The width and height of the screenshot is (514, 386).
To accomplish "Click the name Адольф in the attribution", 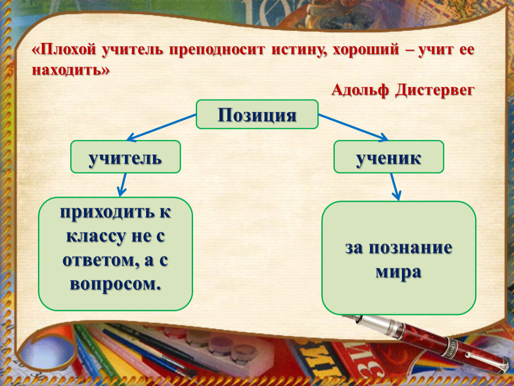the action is (360, 89).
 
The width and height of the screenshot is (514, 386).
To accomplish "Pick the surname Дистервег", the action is (435, 90).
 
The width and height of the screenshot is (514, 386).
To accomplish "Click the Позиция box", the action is (257, 114).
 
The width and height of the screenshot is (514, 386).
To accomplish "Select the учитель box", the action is (126, 157).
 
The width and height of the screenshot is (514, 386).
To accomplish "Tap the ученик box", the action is (389, 157).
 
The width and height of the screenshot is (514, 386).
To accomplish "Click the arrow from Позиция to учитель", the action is (161, 127).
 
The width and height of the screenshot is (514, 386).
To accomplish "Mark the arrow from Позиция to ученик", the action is (354, 127).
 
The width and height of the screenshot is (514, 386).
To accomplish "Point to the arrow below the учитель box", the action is (123, 185).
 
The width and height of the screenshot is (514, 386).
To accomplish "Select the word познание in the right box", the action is (410, 248).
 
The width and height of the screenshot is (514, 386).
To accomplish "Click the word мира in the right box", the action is (398, 272).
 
